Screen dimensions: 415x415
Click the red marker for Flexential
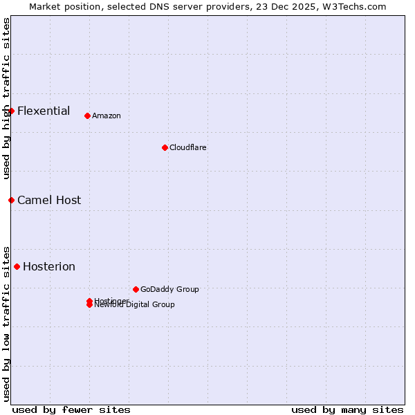[x=11, y=111]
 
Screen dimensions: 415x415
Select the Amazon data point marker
[x=87, y=116]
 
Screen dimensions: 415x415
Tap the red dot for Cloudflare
[x=165, y=147]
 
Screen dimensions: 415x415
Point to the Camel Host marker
[x=11, y=200]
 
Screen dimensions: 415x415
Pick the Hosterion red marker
[x=17, y=266]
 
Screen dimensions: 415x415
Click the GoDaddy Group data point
[x=136, y=289]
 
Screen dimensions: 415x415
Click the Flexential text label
[x=44, y=111]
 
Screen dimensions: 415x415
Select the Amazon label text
[x=107, y=116]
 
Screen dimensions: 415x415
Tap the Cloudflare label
[x=188, y=148]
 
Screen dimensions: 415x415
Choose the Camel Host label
[x=49, y=201]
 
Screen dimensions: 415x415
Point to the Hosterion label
[x=49, y=267]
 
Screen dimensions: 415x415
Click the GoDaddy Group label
[x=169, y=290]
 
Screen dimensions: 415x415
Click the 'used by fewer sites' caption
[x=71, y=409]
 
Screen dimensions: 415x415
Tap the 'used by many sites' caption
[x=347, y=409]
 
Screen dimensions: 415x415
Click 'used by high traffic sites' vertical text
[x=6, y=98]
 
